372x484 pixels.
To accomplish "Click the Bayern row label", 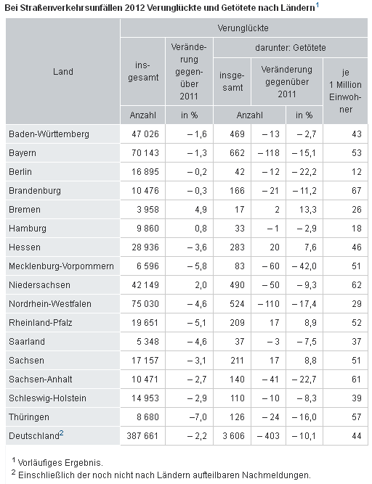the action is (x=23, y=153).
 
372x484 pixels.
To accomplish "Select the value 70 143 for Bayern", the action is (x=145, y=153).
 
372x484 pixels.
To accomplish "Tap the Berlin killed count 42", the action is (x=240, y=172).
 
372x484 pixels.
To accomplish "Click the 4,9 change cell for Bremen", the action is (x=201, y=209).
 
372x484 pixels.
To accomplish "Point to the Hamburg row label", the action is (x=28, y=229).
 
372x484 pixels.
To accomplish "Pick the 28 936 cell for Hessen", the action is (x=145, y=247).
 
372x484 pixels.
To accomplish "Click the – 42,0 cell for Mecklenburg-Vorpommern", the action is (x=304, y=266).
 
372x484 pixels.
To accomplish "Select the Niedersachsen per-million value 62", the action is (x=357, y=285).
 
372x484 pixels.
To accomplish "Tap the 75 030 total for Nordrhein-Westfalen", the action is (x=145, y=304).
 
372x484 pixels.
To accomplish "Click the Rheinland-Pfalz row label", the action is (x=41, y=323).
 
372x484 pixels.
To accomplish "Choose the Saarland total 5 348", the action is (x=147, y=341).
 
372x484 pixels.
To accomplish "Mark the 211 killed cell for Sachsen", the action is (x=238, y=360).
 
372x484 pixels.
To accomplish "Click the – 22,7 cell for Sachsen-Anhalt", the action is (x=304, y=379).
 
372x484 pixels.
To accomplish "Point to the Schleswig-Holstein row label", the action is (x=47, y=398).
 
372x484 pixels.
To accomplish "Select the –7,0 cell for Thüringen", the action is (x=198, y=417).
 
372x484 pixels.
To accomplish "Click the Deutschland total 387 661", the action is (x=142, y=436).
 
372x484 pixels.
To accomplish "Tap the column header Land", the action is (x=63, y=72).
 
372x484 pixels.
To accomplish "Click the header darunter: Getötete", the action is (x=291, y=48).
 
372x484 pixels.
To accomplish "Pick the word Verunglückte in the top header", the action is (x=243, y=28).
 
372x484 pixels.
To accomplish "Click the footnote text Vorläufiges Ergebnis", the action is (x=60, y=463).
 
